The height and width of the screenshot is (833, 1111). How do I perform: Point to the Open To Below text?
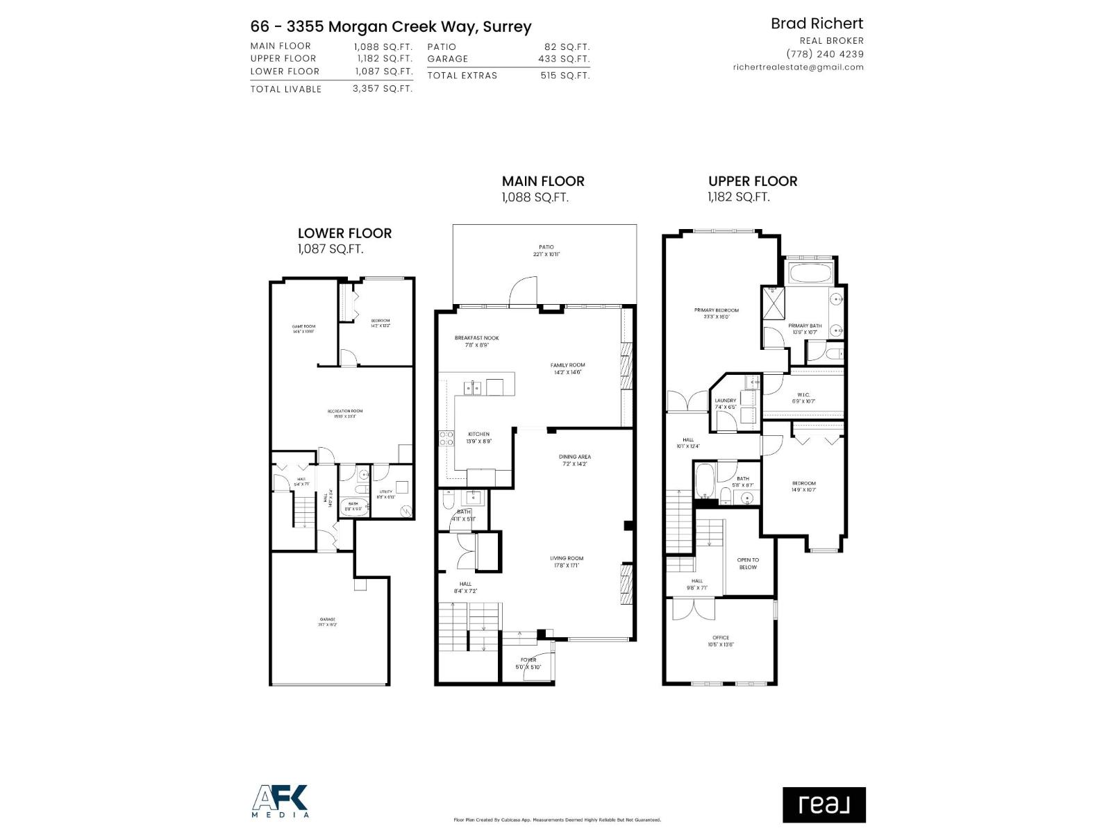coord(748,563)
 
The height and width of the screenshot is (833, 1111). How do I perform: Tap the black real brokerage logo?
coord(824,805)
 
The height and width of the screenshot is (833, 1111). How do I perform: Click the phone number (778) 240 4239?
coord(824,54)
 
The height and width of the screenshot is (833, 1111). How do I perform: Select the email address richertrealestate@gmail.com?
coord(798,67)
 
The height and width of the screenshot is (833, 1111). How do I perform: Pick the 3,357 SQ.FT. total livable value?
coord(382,89)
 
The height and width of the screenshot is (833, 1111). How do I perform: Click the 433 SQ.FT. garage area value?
coord(563,59)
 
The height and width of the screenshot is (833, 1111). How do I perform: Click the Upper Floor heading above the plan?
coord(753,181)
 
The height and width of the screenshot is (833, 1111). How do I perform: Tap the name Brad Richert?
coord(817,24)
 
